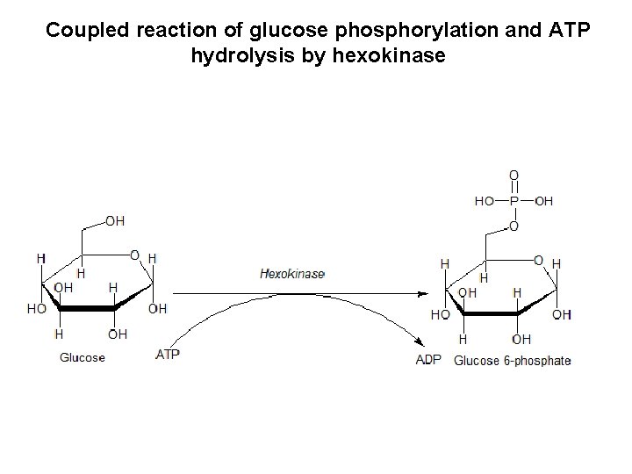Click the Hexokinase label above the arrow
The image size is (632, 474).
(292, 274)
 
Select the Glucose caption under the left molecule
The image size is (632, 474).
(83, 357)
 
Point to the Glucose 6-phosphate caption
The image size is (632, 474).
(513, 360)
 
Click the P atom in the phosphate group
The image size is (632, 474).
(514, 200)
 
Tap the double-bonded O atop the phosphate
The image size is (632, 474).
(514, 175)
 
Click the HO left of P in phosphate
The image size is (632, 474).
(485, 200)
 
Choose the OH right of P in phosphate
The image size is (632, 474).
(543, 200)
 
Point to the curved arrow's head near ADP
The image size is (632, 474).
(413, 350)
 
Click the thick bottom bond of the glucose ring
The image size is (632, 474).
(88, 308)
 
